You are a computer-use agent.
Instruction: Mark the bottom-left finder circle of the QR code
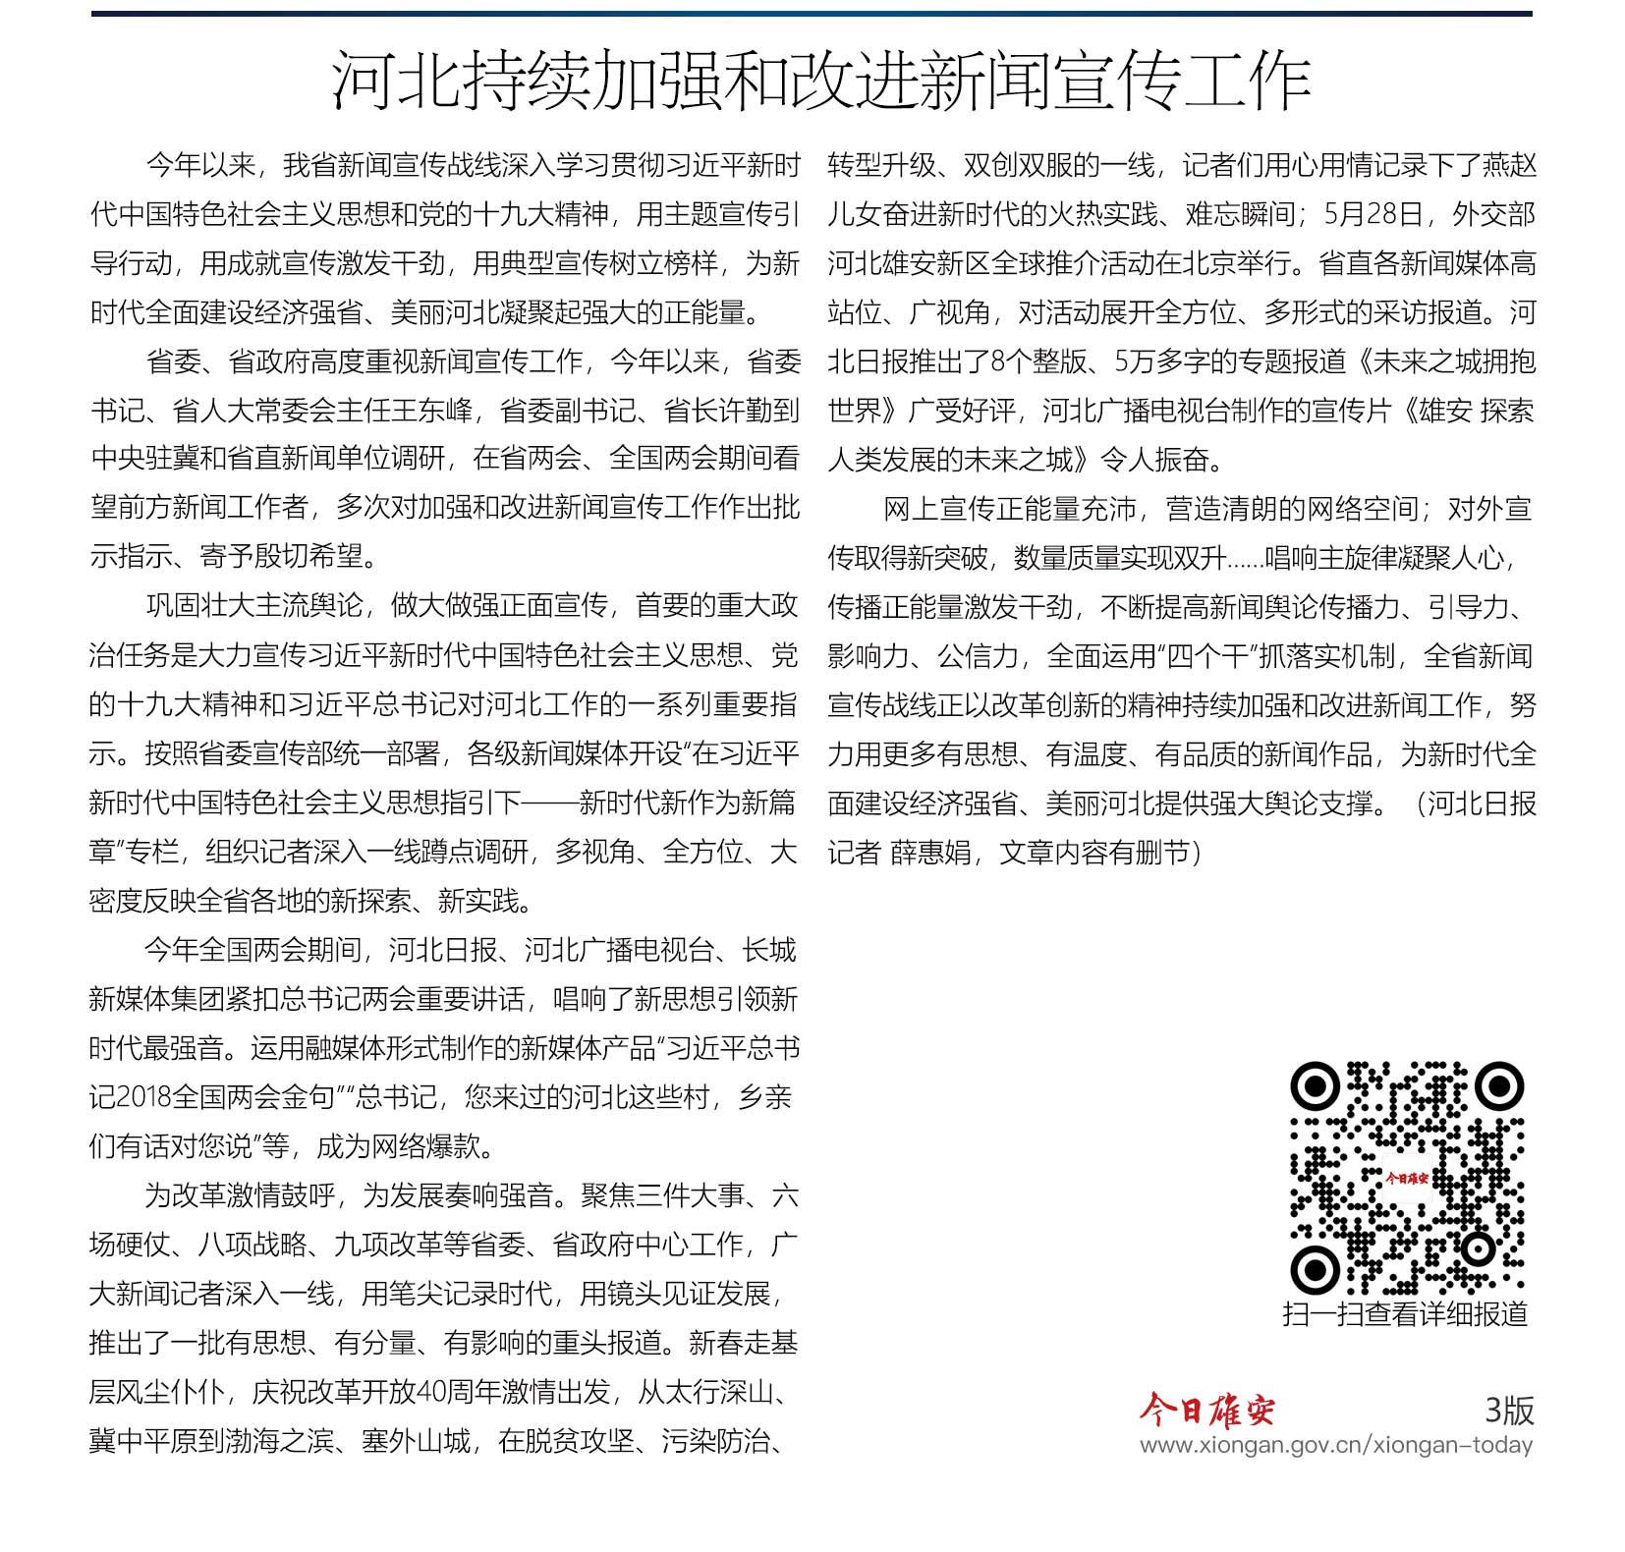tap(1315, 1270)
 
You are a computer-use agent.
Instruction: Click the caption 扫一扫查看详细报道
tap(1405, 1314)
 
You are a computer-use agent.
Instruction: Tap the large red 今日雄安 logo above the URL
tap(1206, 1411)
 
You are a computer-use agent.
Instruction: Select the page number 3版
tap(1509, 1411)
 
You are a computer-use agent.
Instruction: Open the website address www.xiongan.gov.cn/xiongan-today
tap(1335, 1446)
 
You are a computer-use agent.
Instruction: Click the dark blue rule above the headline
tap(812, 14)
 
